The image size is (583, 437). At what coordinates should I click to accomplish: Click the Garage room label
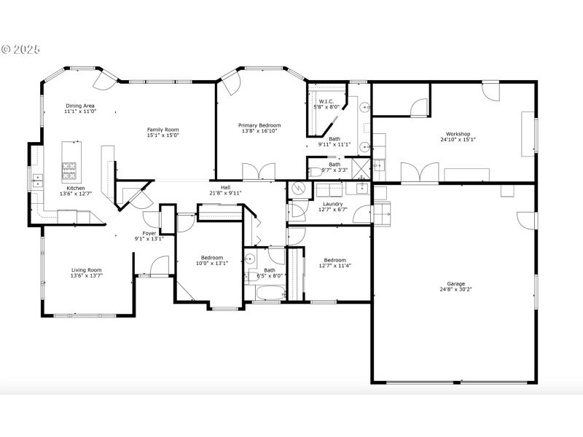coord(455,283)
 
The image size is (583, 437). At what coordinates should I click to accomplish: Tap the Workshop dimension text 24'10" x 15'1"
coord(458,140)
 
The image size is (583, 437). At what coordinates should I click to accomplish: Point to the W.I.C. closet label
coord(326,101)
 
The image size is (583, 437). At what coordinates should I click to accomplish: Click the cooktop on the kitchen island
coord(71,170)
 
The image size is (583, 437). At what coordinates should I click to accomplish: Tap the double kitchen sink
coord(36,178)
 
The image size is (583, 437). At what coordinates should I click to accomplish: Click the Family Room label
coord(163,129)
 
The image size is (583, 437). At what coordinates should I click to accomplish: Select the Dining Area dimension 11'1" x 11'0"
coord(79,112)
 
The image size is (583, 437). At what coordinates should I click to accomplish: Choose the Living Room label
coord(86,269)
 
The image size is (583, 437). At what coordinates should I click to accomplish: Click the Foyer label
coord(149,233)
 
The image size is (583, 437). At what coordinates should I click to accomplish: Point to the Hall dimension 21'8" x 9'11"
coord(226,193)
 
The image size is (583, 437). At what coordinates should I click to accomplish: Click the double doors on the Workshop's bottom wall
coord(420,173)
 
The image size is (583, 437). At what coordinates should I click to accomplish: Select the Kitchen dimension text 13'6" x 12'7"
coord(76,194)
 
